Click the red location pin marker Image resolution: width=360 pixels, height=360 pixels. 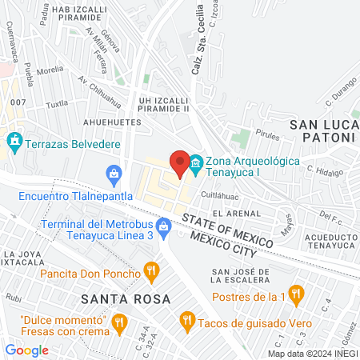click(178, 163)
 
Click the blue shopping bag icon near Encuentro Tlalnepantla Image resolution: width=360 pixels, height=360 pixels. click(114, 172)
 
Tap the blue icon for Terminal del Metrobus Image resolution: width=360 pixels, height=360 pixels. click(164, 226)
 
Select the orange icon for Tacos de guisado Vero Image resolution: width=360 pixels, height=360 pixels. click(188, 320)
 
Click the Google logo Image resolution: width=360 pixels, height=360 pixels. click(26, 350)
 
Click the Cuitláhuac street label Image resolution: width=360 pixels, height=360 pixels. click(220, 194)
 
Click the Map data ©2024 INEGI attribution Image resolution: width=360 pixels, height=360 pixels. click(312, 353)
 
